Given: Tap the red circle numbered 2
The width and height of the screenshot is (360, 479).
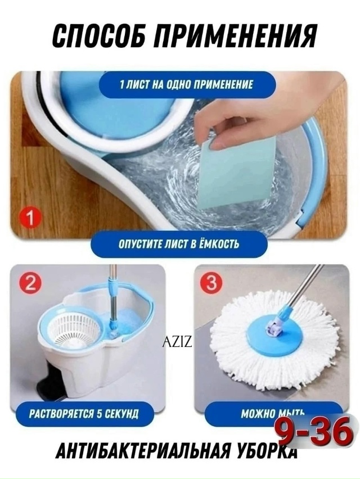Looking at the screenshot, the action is pos(30,284).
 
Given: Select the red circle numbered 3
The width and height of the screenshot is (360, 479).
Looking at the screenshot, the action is pos(211,283).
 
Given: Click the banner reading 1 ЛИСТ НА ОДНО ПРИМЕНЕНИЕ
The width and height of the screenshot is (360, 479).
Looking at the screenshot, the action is pos(187,85).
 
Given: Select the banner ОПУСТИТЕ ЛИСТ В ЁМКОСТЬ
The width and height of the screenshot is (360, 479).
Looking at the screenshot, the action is pos(179,245).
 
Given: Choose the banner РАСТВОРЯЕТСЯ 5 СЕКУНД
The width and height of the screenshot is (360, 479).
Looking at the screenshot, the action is pos(84,414).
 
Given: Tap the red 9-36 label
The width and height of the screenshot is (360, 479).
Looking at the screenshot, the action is pos(315,432).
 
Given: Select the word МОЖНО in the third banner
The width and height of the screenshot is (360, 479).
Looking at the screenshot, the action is pos(258,414).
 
